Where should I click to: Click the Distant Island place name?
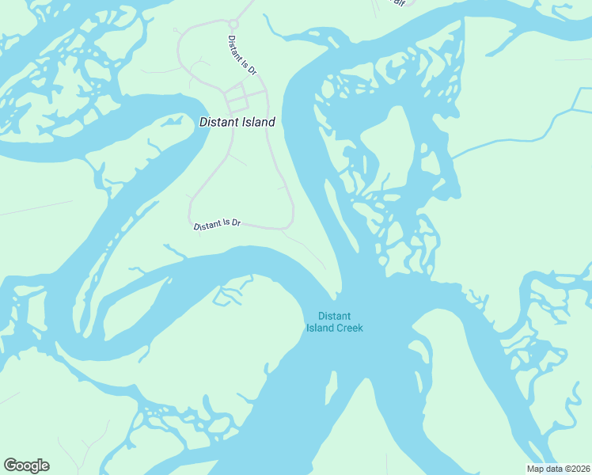[237, 122]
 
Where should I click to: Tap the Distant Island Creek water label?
[334, 322]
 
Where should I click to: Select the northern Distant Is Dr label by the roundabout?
[242, 55]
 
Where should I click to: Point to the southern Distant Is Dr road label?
[217, 225]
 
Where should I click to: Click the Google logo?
[26, 465]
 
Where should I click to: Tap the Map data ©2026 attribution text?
[557, 468]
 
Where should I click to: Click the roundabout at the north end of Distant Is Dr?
[233, 25]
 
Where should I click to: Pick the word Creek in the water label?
[347, 328]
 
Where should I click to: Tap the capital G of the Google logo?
[10, 465]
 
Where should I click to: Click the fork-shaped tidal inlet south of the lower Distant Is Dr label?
[230, 295]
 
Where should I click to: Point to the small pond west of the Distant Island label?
[173, 121]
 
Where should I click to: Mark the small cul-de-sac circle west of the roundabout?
[177, 30]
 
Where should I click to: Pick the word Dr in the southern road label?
[235, 223]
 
